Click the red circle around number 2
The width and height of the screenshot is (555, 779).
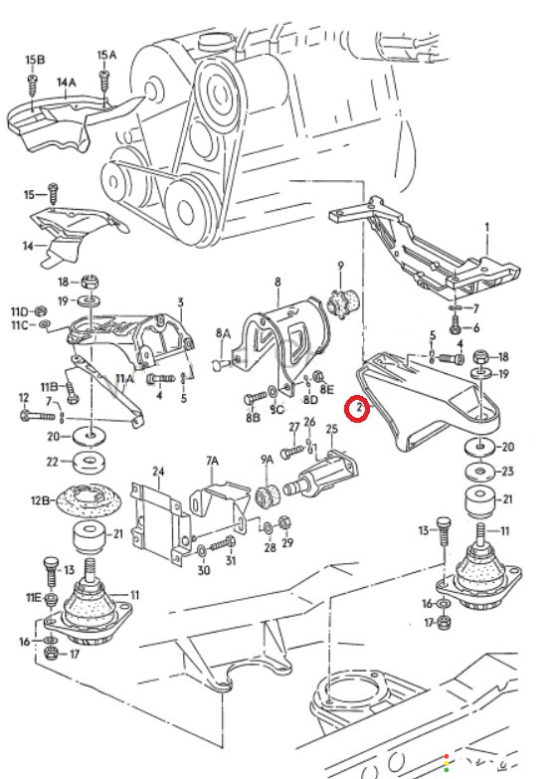[x=358, y=408]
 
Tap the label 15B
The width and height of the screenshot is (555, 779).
[x=35, y=60]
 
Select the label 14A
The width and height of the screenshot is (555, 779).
[x=66, y=82]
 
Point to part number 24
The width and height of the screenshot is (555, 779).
[x=158, y=471]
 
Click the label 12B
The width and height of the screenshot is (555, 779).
[x=40, y=500]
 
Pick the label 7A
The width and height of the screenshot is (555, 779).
[x=212, y=461]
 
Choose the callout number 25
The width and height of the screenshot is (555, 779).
[x=331, y=428]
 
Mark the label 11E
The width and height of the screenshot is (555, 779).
[x=33, y=597]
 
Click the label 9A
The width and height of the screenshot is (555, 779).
[x=267, y=460]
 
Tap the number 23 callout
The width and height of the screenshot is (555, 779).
[x=507, y=471]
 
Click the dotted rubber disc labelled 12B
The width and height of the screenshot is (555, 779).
[x=89, y=500]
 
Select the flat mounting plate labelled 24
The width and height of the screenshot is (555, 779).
[x=160, y=524]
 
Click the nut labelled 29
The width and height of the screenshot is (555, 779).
[x=284, y=522]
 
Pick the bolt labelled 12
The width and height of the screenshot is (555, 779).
[x=37, y=414]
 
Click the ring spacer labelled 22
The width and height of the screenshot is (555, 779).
[x=89, y=463]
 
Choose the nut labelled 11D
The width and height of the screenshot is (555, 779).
[x=40, y=311]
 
